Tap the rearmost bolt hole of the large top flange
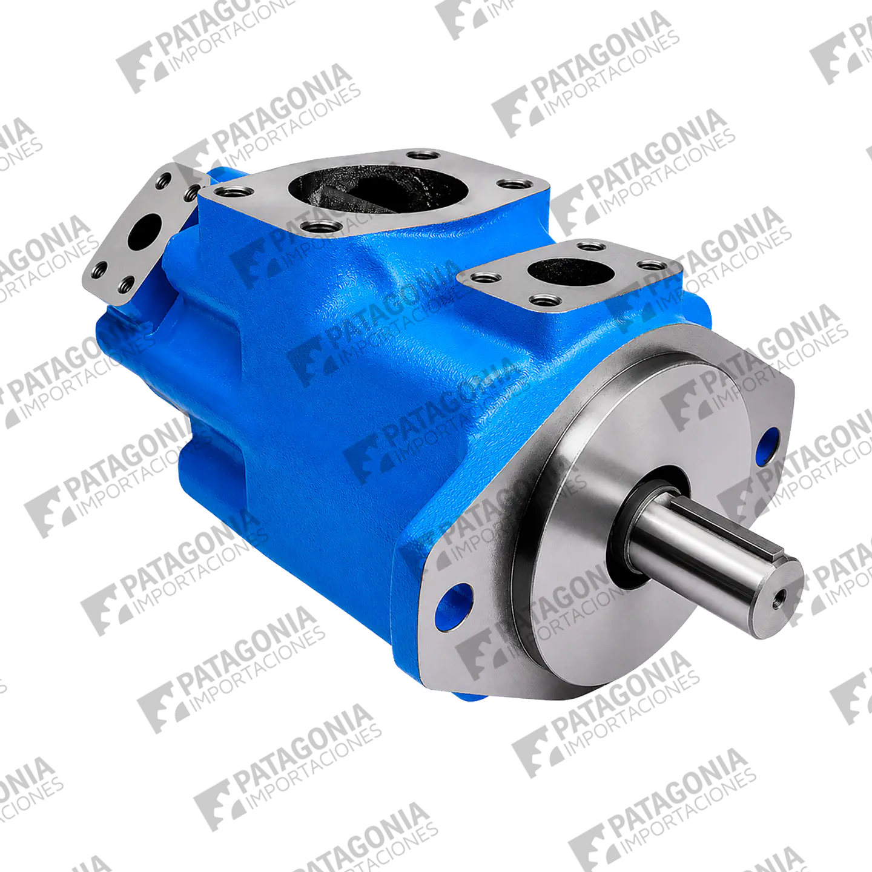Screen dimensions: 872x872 point(423,155)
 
